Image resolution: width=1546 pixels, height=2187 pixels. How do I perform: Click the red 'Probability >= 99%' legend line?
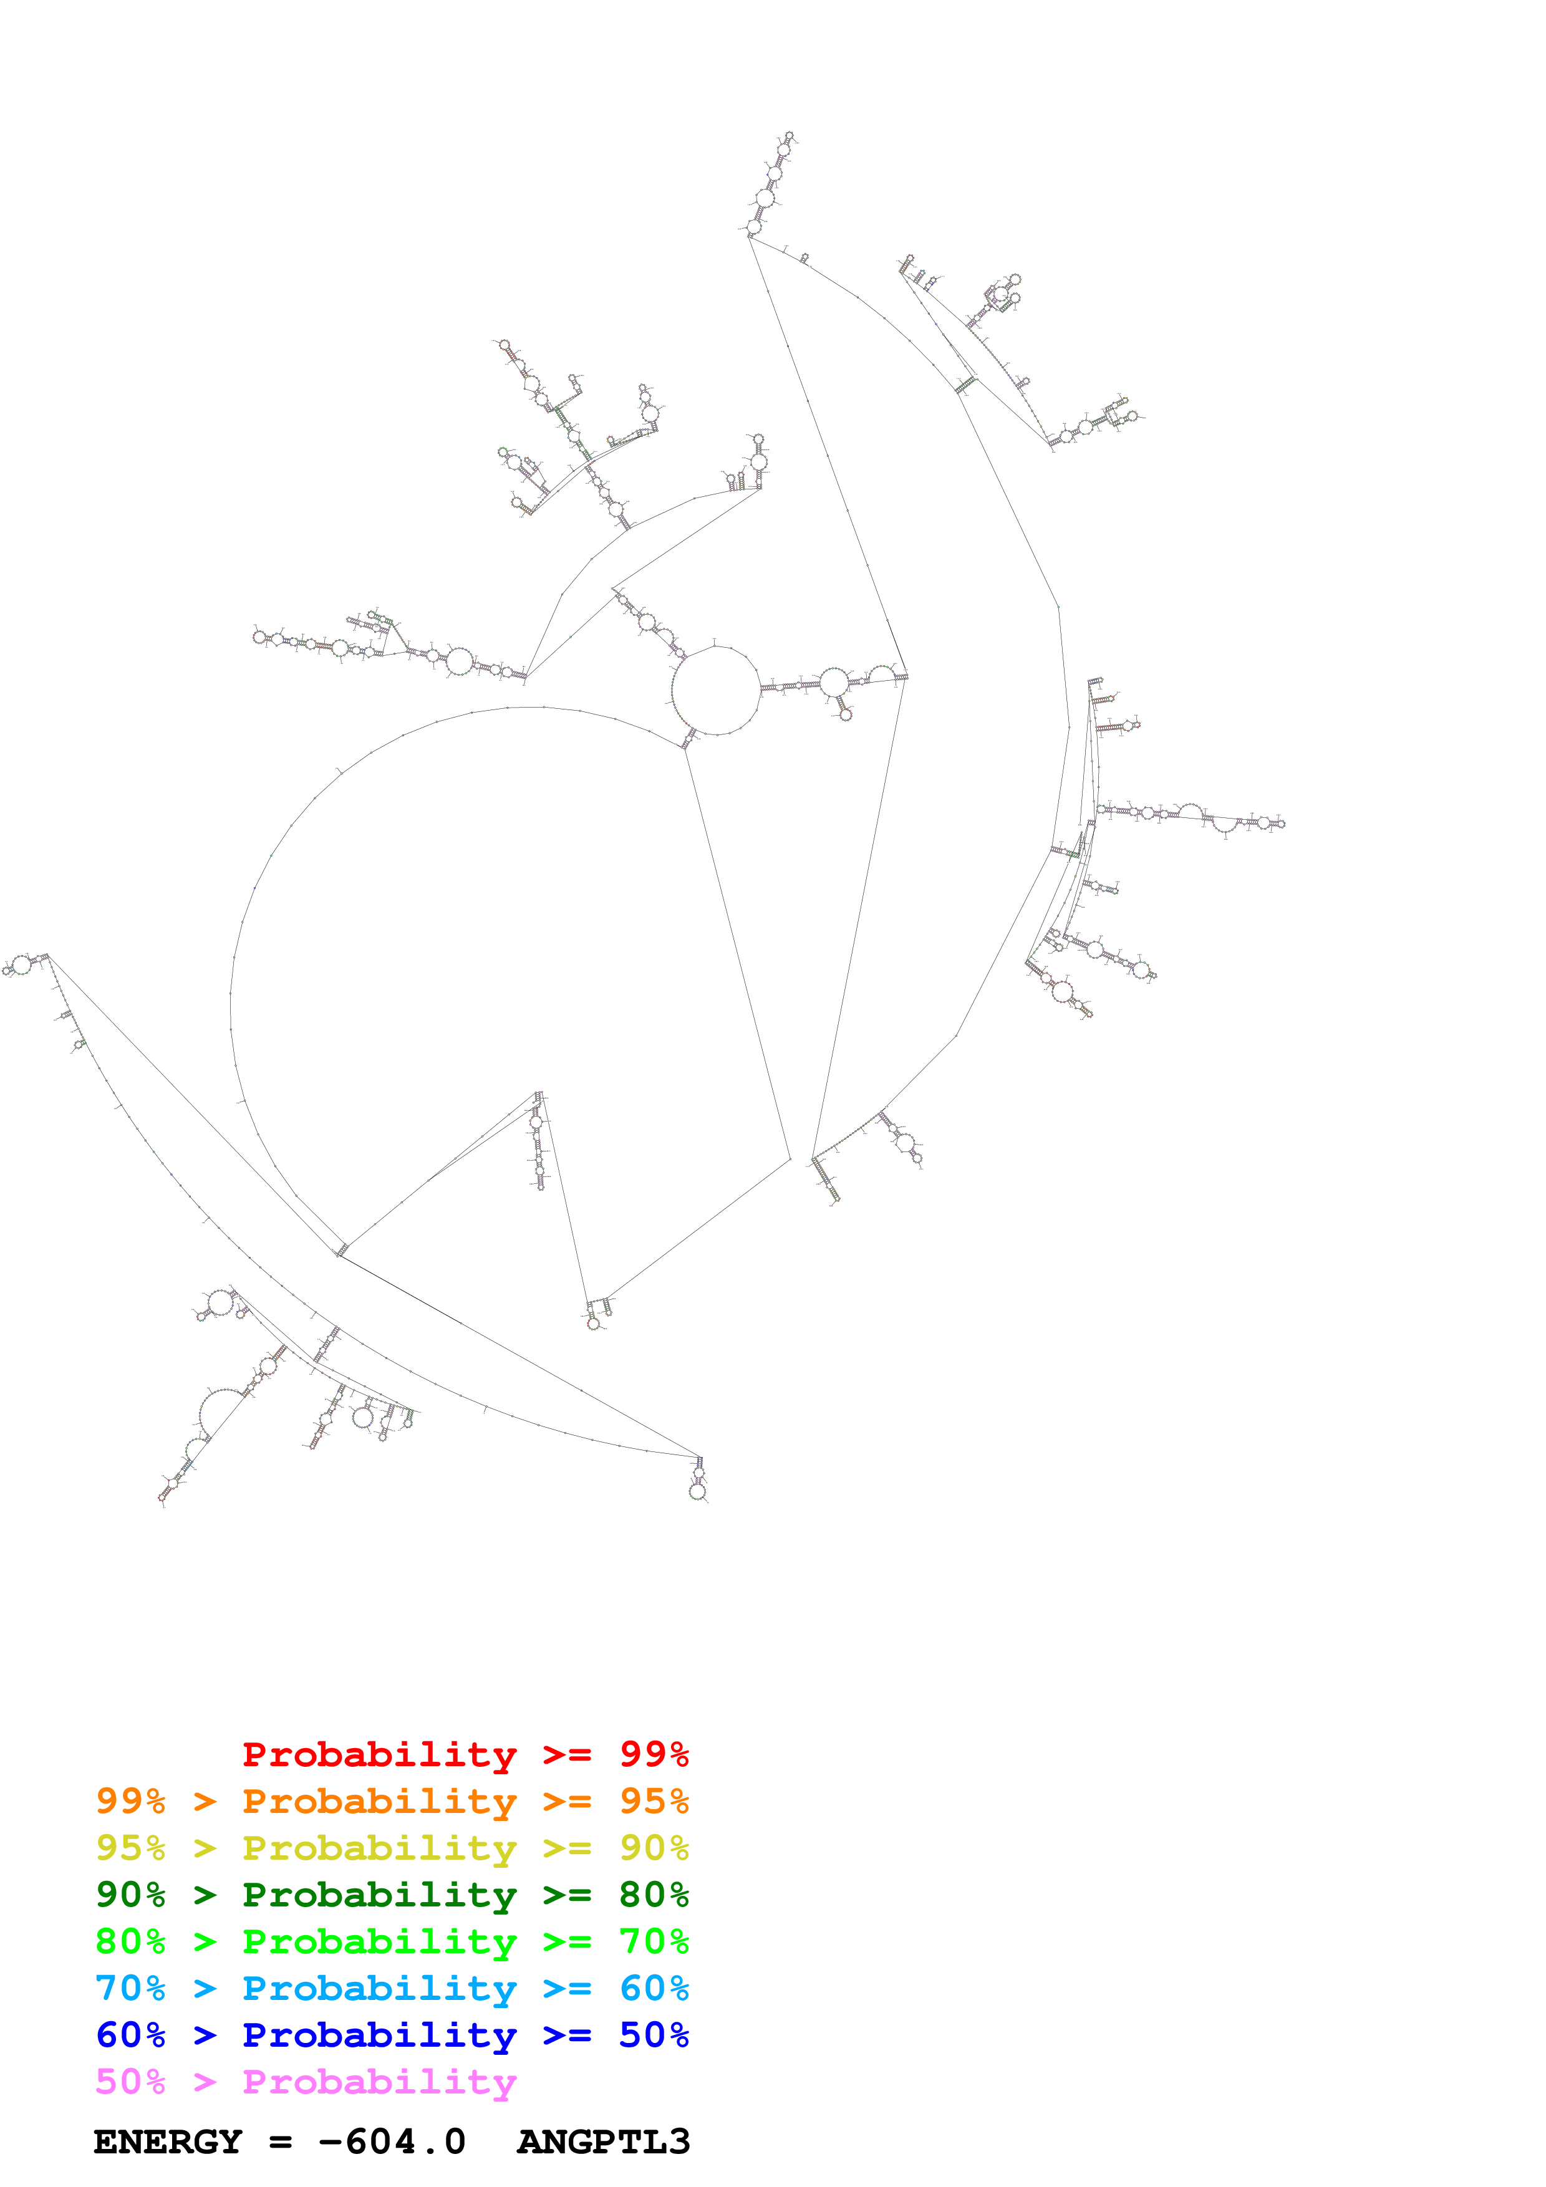(x=465, y=1754)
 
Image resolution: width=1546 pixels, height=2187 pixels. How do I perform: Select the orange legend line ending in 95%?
(x=392, y=1801)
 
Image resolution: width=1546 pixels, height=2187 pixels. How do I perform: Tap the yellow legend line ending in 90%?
(x=392, y=1848)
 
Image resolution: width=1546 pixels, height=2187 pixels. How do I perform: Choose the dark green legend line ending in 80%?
(x=392, y=1895)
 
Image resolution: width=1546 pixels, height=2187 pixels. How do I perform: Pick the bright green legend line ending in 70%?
(x=392, y=1941)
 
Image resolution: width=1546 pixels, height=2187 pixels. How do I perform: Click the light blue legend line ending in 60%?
(x=392, y=1988)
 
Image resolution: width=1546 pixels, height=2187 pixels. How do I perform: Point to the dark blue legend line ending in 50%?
(x=392, y=2035)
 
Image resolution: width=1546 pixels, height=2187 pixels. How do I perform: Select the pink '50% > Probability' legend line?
(x=305, y=2081)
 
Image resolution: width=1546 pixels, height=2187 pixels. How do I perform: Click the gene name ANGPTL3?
(x=603, y=2142)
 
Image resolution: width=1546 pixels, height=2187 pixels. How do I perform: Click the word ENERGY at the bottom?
(x=168, y=2142)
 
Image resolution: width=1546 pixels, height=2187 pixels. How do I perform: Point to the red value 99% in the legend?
(x=654, y=1754)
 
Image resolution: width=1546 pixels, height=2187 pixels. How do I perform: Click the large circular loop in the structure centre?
(x=717, y=691)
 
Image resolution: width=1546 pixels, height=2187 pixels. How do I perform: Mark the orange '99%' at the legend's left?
(x=130, y=1801)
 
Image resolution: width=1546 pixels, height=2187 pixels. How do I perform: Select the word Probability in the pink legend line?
(x=379, y=2081)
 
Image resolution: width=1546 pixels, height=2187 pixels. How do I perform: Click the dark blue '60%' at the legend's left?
(x=130, y=2035)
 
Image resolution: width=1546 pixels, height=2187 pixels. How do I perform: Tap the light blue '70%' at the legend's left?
(x=130, y=1988)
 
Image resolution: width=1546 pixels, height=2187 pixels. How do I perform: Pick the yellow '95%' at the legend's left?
(x=130, y=1848)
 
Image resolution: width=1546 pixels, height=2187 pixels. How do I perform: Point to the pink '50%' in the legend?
(x=130, y=2081)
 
